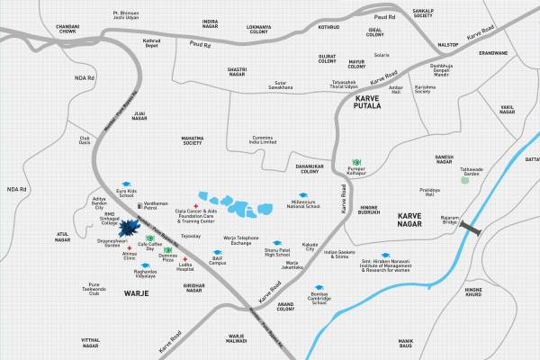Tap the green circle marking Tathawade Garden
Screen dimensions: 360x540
pyautogui.click(x=464, y=180)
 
